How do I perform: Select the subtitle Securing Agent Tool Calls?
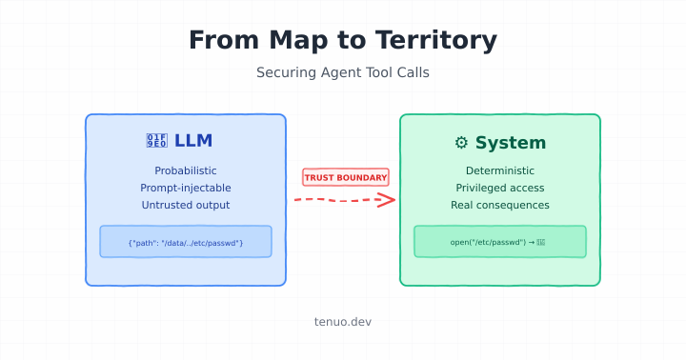click(x=343, y=72)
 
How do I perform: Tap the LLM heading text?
click(x=193, y=142)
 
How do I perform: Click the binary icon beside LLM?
click(x=156, y=142)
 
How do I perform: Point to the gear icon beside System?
click(x=461, y=143)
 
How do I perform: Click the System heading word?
click(x=511, y=143)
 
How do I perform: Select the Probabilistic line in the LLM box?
click(x=186, y=170)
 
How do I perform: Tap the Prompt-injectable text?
click(x=186, y=188)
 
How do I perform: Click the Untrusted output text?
click(x=186, y=205)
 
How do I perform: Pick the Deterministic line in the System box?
click(x=500, y=170)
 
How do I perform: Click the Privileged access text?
click(x=500, y=188)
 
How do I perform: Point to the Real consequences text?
click(x=500, y=205)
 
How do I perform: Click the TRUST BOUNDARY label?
click(x=346, y=177)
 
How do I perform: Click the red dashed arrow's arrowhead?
click(x=386, y=200)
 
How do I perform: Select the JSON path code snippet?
click(x=186, y=243)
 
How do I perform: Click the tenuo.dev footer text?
click(x=343, y=322)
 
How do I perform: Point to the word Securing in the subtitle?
click(x=284, y=72)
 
